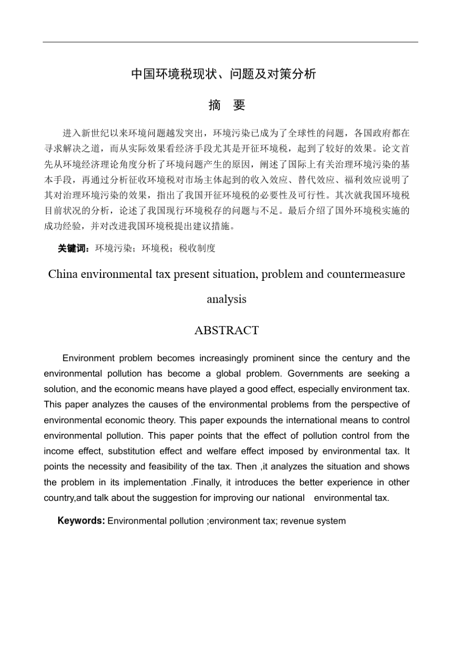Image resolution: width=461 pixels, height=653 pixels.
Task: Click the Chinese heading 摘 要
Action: coord(227,105)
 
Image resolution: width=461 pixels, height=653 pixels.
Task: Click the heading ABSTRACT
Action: coord(227,330)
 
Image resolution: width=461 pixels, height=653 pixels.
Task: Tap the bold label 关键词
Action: coord(73,248)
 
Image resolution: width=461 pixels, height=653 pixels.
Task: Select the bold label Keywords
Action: coord(81,521)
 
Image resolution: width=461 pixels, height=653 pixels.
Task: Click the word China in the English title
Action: coord(63,274)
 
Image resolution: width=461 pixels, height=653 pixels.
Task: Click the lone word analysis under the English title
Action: coord(227,299)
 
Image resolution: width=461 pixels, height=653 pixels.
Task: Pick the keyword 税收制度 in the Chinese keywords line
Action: coord(197,248)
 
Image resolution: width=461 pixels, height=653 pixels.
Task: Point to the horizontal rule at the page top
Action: coord(230,42)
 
